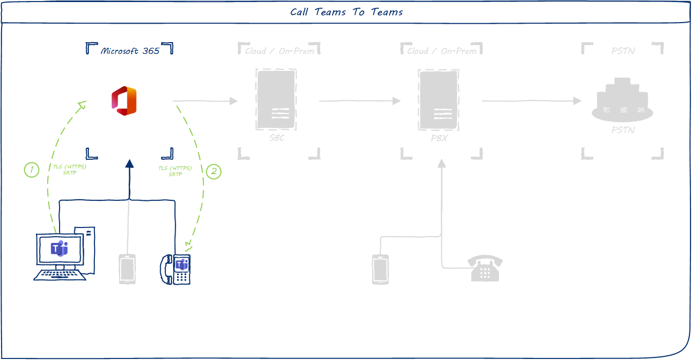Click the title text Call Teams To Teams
(x=346, y=12)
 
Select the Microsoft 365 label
(x=130, y=51)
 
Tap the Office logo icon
(x=124, y=101)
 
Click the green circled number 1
(x=32, y=170)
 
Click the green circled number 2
(x=214, y=172)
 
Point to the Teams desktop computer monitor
(x=60, y=250)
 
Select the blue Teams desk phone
(x=176, y=269)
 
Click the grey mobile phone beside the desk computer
(x=127, y=269)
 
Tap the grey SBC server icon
(x=276, y=100)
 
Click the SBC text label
(x=276, y=138)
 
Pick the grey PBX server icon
(x=438, y=100)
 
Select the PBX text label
(x=439, y=138)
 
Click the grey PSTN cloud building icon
(x=622, y=101)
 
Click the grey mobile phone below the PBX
(x=380, y=269)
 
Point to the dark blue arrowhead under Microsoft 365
(x=129, y=164)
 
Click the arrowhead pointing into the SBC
(x=234, y=101)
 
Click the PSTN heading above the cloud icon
(x=623, y=51)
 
